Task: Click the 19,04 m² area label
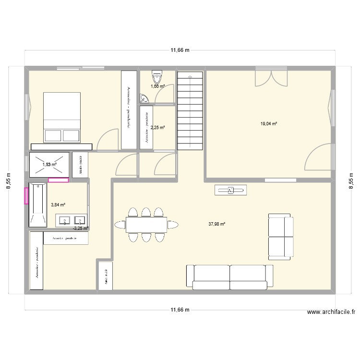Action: (x=269, y=124)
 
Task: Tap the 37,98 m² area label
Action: (x=217, y=224)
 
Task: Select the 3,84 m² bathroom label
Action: (x=58, y=204)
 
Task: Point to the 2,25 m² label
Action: (x=157, y=128)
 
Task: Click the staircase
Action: (x=191, y=110)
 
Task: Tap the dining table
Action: (x=146, y=224)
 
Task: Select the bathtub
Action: (x=38, y=204)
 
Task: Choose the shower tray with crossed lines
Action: (x=49, y=164)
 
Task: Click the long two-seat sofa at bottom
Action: (x=229, y=277)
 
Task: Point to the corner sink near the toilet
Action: (x=144, y=99)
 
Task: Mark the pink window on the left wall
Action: (x=27, y=195)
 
